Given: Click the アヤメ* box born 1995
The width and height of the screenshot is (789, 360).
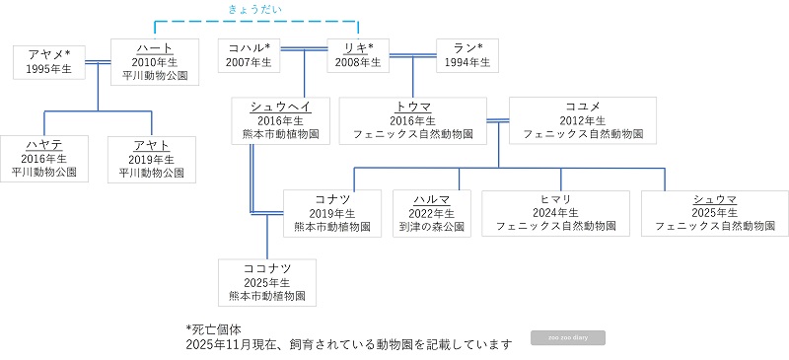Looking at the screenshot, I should point(48,61).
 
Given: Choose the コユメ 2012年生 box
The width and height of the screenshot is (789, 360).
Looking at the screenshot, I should point(583,120).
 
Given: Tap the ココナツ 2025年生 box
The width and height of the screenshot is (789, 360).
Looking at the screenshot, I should point(266,281).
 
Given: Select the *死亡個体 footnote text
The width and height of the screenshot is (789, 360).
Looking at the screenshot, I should point(213,328).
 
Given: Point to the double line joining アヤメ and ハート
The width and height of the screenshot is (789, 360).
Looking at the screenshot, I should point(98,63).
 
